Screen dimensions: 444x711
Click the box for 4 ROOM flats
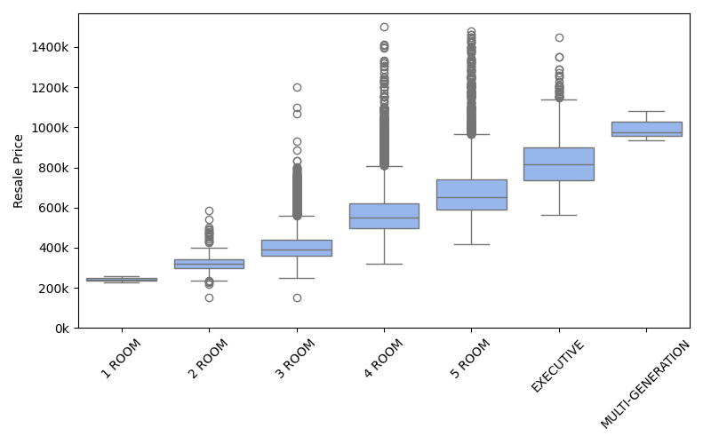[384, 216]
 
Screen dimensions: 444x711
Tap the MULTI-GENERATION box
[646, 129]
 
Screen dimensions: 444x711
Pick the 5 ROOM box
[471, 194]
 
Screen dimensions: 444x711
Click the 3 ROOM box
[297, 248]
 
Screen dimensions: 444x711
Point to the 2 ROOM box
[209, 264]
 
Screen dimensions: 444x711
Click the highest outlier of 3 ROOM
[297, 87]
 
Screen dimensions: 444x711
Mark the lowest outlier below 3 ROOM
[297, 297]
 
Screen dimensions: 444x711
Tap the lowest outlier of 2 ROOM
[209, 297]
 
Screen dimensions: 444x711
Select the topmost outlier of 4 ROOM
[384, 27]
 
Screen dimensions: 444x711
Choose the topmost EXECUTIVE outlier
[559, 37]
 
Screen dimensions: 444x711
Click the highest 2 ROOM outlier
[209, 210]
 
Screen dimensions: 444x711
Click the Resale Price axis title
[19, 170]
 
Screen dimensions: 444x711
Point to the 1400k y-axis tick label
[52, 47]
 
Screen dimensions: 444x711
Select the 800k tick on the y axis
[56, 168]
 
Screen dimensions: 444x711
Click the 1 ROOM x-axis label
[120, 361]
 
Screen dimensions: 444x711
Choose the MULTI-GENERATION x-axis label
[646, 385]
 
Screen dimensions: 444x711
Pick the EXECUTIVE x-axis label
[558, 366]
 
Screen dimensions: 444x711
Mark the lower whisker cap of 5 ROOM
[471, 244]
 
